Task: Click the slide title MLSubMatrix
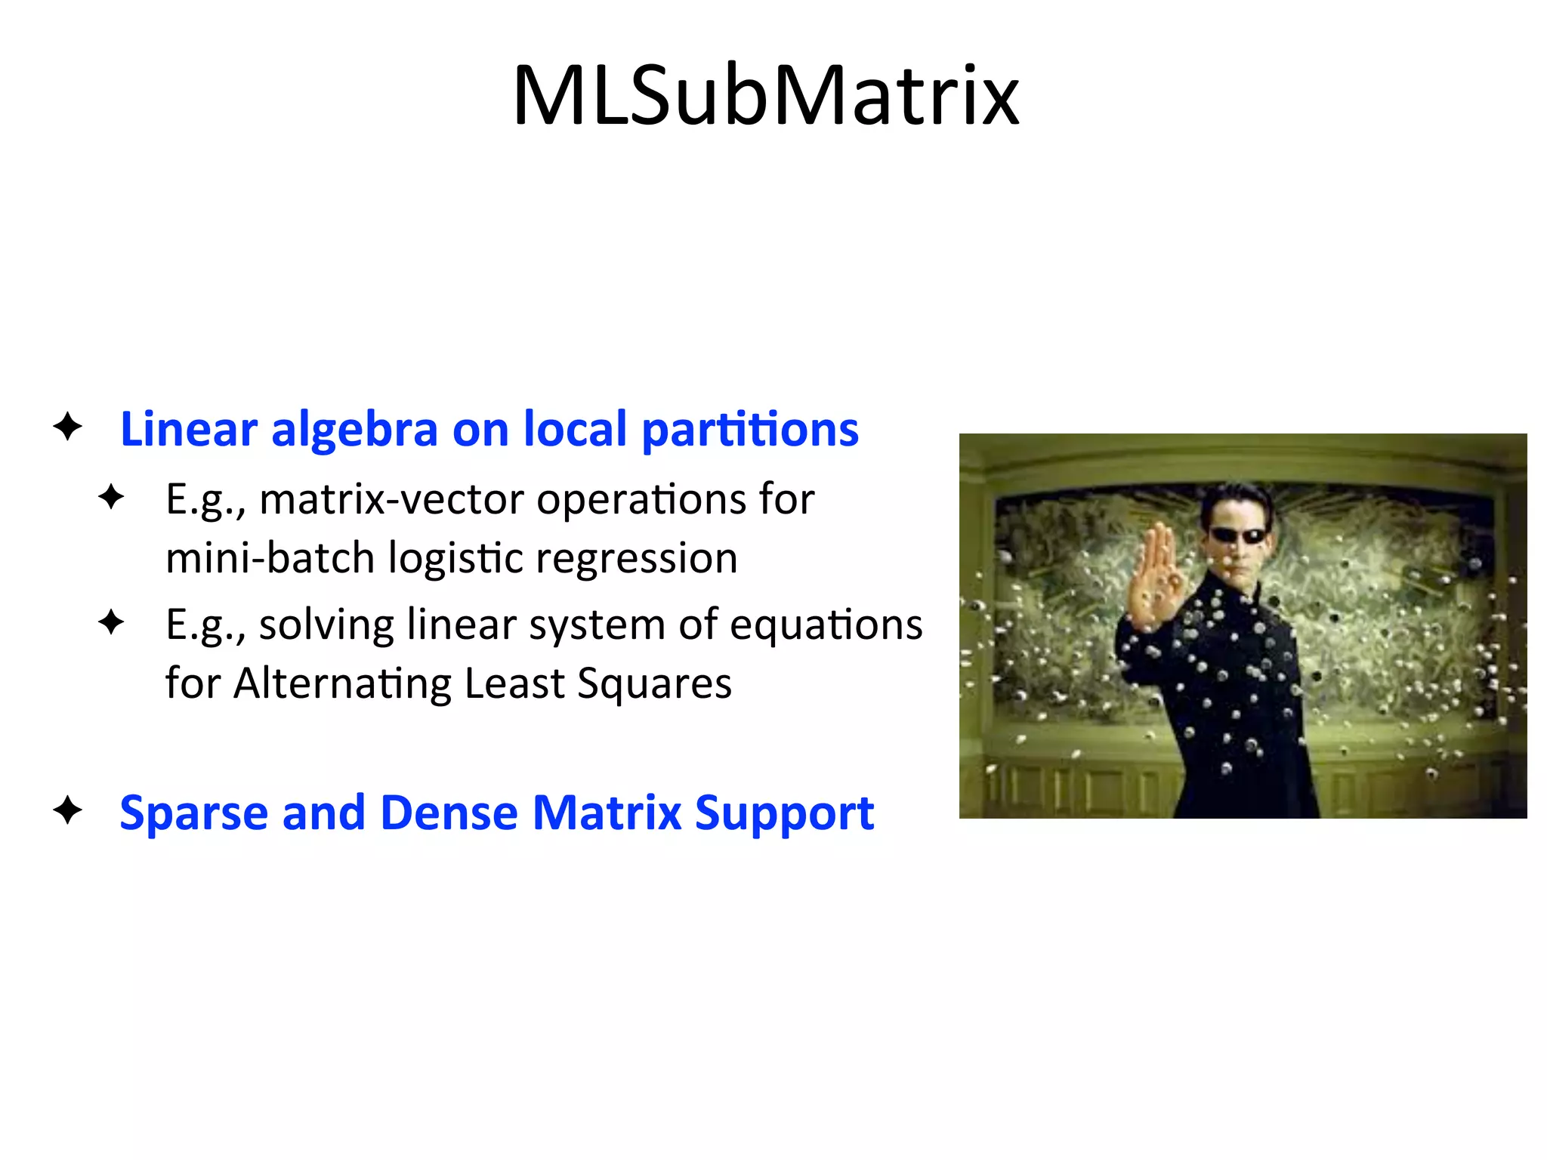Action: pos(766,96)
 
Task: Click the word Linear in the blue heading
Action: pos(189,429)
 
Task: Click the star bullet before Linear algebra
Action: pos(68,427)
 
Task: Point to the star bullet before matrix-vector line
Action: pos(111,497)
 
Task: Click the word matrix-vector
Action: pos(391,500)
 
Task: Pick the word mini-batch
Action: pos(270,558)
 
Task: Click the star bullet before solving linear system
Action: pos(111,622)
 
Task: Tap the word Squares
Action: pos(654,684)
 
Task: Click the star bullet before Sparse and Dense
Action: pos(68,810)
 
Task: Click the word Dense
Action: pos(449,813)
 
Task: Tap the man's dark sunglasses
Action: pos(1239,536)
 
